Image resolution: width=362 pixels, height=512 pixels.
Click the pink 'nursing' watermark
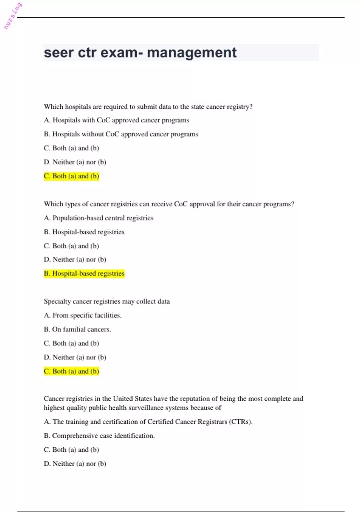point(13,16)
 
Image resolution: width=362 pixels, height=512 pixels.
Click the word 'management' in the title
point(192,53)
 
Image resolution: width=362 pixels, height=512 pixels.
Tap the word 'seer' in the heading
point(59,53)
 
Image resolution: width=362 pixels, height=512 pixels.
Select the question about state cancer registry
point(148,107)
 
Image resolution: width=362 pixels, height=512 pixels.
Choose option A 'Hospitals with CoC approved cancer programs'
point(116,120)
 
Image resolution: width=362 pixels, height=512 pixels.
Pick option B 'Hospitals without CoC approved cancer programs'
point(121,134)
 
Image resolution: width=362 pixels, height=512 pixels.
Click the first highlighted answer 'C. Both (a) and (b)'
point(71,176)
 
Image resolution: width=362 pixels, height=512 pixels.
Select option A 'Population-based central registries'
point(98,218)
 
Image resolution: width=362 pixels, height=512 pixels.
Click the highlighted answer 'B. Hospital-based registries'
point(84,273)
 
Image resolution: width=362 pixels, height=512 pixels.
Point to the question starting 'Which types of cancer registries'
point(169,204)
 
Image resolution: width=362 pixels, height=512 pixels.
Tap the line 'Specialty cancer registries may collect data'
point(106,301)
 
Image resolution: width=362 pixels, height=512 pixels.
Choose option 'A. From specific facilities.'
point(82,315)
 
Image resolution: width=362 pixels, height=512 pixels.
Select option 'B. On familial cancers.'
point(77,329)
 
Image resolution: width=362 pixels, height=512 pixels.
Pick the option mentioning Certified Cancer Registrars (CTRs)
point(148,422)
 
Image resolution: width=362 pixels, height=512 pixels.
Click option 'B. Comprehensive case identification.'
point(99,436)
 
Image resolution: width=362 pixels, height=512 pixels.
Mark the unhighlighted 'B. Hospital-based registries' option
point(84,232)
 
